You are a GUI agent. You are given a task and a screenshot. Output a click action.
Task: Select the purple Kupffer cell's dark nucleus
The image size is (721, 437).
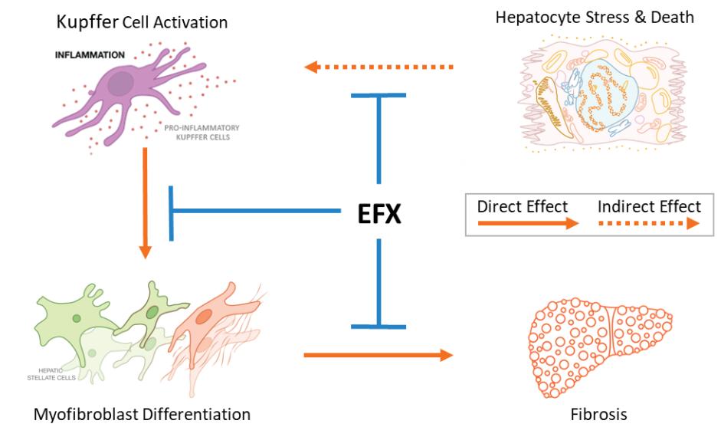(x=121, y=84)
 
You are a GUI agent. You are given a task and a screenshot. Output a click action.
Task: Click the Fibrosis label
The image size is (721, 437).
(x=599, y=415)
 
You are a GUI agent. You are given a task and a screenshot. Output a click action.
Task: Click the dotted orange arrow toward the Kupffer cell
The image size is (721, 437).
(x=379, y=67)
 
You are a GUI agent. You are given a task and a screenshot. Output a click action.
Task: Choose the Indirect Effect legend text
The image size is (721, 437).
(x=649, y=206)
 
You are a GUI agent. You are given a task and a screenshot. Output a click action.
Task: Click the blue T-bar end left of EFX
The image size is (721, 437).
(x=172, y=211)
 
